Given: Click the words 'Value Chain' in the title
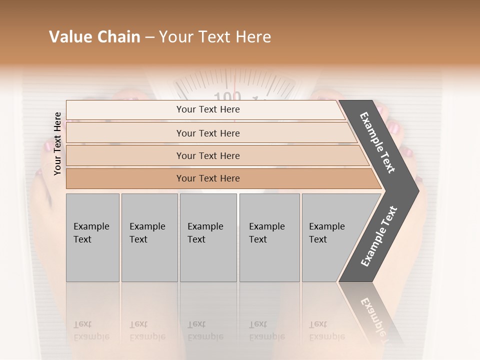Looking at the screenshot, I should tap(94, 37).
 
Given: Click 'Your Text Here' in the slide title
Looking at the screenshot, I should tap(215, 37).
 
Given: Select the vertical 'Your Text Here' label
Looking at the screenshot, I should tap(57, 144).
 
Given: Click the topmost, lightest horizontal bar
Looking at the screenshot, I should tap(207, 109).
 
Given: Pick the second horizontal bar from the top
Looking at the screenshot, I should tap(207, 133).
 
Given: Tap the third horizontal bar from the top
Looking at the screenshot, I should tap(207, 155).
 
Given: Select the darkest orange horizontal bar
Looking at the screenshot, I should tap(207, 178).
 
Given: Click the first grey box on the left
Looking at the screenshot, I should tap(92, 237).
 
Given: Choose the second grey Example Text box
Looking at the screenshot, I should tap(149, 237).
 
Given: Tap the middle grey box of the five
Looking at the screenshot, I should tap(208, 237).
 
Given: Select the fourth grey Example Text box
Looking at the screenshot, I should tap(269, 237).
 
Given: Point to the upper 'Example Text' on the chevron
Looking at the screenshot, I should tap(378, 142).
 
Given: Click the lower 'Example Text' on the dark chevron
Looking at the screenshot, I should tap(379, 236).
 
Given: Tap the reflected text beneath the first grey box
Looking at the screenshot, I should tap(91, 330).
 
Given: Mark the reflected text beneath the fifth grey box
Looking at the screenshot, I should tap(326, 330).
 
